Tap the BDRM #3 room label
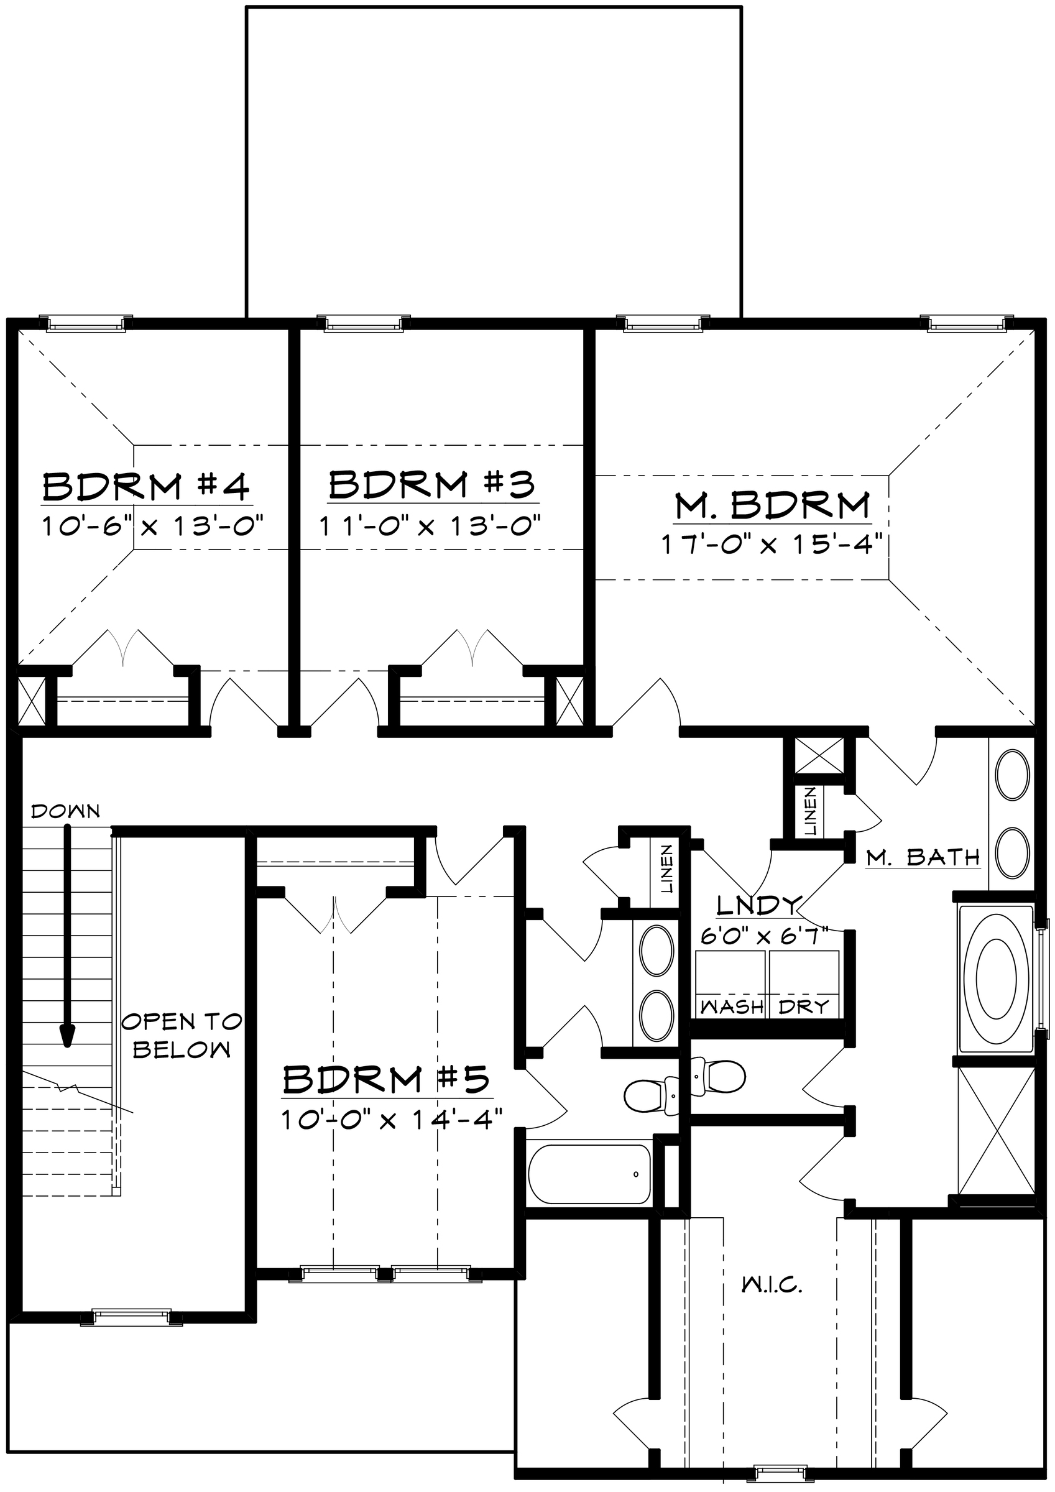tap(432, 484)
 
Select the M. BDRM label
tap(772, 505)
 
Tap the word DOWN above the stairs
tap(66, 811)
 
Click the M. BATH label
tap(923, 858)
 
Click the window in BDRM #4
tap(82, 323)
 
